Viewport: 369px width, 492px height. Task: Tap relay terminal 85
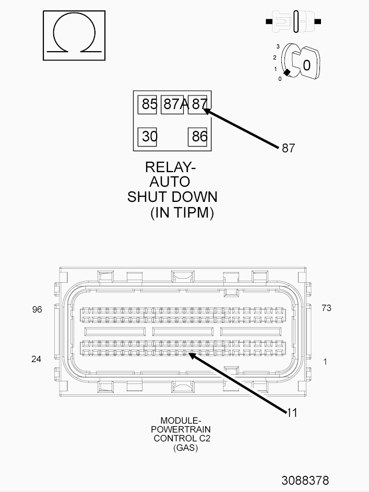[x=147, y=104]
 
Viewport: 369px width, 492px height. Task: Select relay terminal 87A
[x=172, y=104]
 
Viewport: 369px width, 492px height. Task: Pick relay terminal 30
[x=147, y=137]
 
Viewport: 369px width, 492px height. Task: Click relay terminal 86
[x=197, y=137]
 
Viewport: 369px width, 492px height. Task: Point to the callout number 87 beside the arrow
[x=288, y=148]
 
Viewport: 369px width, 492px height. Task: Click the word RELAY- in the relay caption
[x=170, y=167]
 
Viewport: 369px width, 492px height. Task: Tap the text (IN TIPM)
[x=182, y=212]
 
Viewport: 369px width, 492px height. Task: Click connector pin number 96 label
[x=37, y=309]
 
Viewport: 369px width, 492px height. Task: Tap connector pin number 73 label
[x=326, y=308]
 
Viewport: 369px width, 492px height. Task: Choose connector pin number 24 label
[x=37, y=359]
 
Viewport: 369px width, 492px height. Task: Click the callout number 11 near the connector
[x=292, y=413]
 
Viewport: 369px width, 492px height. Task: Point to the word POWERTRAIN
[x=181, y=429]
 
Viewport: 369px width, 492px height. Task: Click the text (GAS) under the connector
[x=185, y=448]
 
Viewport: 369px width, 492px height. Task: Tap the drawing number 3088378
[x=305, y=481]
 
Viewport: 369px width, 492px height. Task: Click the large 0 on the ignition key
[x=306, y=65]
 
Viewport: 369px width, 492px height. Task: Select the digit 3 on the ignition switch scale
[x=278, y=47]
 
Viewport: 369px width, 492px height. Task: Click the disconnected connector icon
[x=293, y=21]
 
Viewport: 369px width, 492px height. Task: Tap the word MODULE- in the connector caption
[x=181, y=421]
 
